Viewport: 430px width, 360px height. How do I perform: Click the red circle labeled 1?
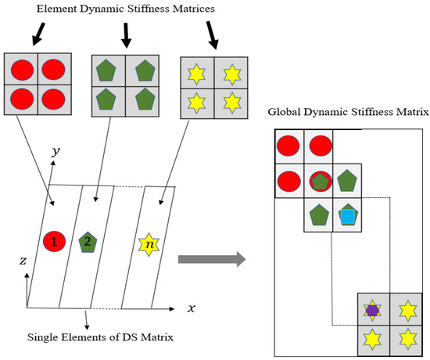pos(54,241)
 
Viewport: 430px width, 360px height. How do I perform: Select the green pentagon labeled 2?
pos(88,241)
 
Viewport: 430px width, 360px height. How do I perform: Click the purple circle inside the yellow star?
pos(373,310)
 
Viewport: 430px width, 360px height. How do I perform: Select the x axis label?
pos(190,308)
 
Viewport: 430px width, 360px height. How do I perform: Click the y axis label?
pos(56,152)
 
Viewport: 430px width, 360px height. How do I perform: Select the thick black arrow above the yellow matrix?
pos(212,34)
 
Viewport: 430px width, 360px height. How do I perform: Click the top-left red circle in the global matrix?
pos(289,146)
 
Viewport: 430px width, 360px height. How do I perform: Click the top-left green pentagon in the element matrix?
pos(106,70)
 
